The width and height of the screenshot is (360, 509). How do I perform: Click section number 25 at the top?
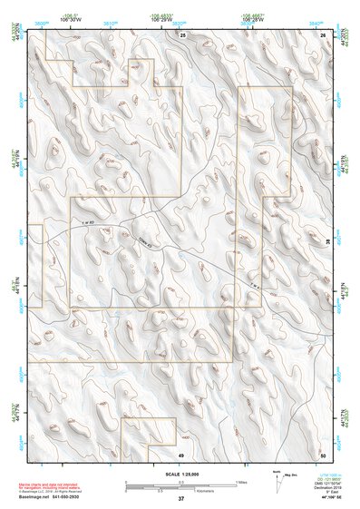[x=182, y=34]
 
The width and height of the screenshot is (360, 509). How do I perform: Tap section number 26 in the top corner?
[x=324, y=34]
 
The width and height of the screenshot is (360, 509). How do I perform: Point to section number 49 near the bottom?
[x=180, y=453]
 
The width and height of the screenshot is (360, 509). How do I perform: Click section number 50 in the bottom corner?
[x=323, y=453]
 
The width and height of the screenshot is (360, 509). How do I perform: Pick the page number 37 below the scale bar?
[x=180, y=499]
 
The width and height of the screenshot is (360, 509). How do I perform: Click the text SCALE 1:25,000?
[x=180, y=475]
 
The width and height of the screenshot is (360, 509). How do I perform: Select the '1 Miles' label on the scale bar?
[x=239, y=482]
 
